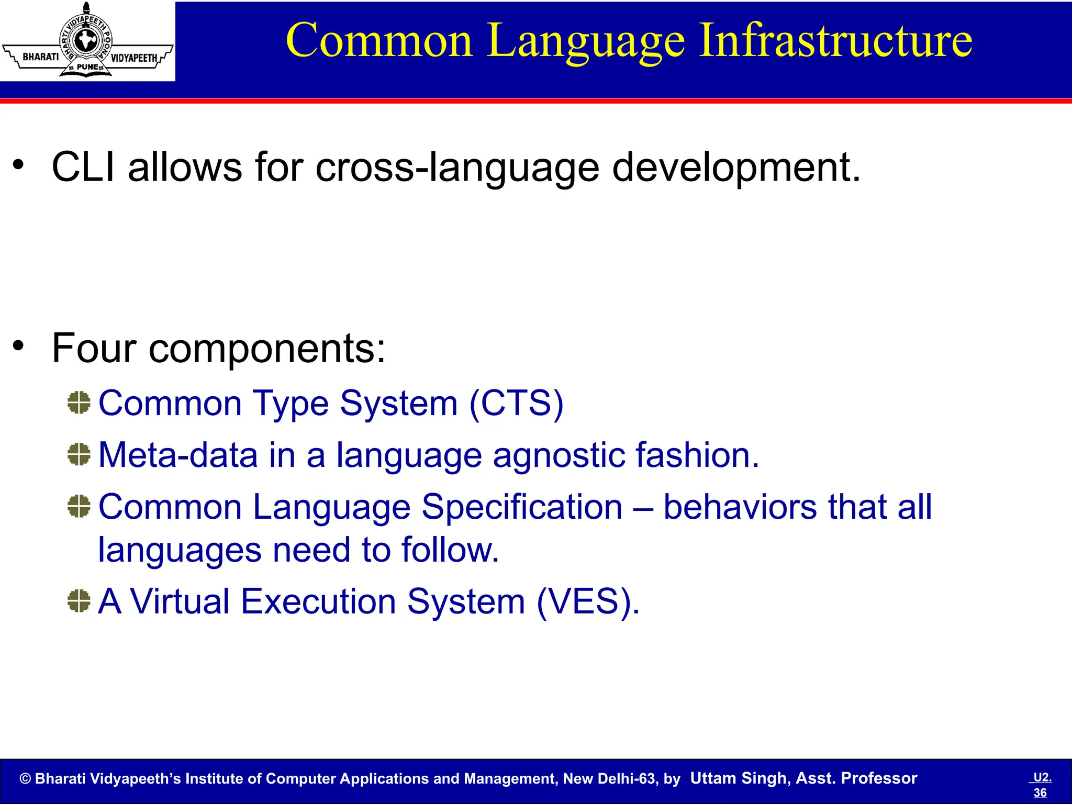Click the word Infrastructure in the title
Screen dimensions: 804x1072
click(835, 41)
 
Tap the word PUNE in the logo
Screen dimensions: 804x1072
click(87, 67)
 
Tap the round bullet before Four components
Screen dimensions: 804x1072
click(19, 345)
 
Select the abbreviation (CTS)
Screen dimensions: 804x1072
click(516, 404)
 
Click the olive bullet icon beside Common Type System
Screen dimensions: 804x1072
click(79, 403)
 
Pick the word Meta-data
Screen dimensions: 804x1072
click(178, 455)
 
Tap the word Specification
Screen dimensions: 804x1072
click(522, 507)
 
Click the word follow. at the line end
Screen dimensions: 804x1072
click(450, 550)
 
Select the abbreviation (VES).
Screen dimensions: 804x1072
click(587, 601)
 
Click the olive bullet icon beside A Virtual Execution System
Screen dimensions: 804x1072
click(79, 601)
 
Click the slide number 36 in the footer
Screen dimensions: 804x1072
click(1040, 792)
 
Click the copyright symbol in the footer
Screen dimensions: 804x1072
click(25, 779)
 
